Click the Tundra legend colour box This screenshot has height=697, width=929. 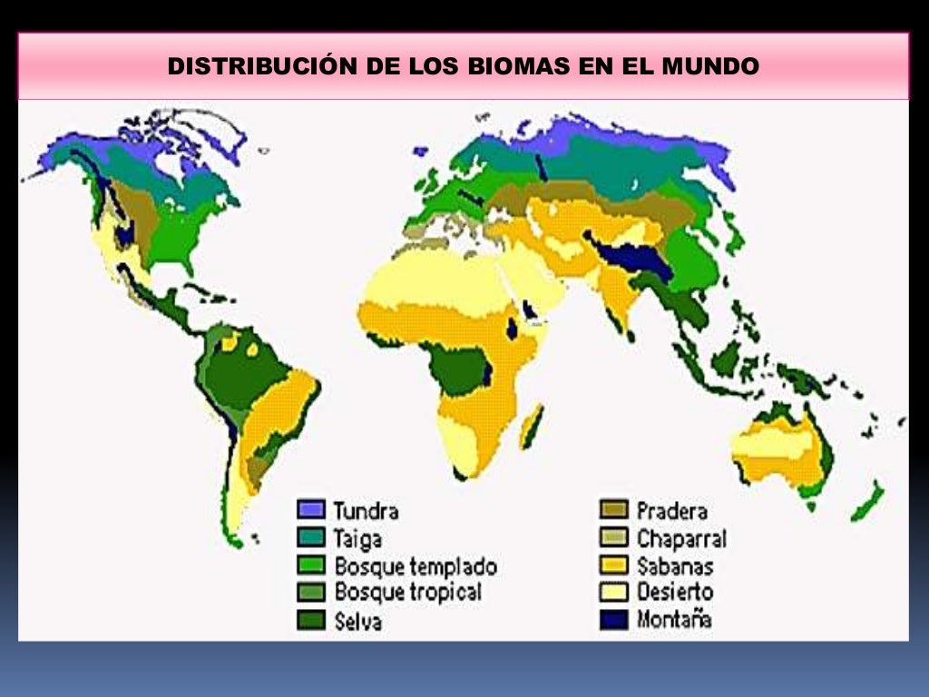(x=312, y=510)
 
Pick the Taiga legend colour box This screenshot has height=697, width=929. (x=312, y=538)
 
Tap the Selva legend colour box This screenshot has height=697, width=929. (x=312, y=621)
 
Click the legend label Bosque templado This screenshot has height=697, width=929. (x=416, y=566)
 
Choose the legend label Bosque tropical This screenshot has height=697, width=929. (x=407, y=593)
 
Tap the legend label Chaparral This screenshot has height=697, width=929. (x=681, y=538)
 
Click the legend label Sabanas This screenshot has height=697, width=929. (x=674, y=566)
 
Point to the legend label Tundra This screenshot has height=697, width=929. (x=366, y=510)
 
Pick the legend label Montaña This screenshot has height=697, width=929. (x=674, y=621)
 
